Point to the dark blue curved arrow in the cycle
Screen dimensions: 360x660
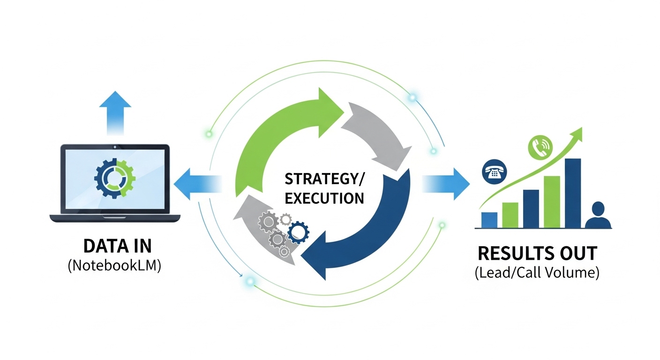click(375, 220)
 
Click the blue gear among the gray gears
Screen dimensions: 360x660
click(298, 232)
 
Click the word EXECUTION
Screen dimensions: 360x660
click(324, 198)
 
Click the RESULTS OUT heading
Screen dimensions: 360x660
click(537, 254)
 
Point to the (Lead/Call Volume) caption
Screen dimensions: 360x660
click(537, 273)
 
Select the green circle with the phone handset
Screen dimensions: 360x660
click(540, 147)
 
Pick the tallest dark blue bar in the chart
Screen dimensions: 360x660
click(573, 193)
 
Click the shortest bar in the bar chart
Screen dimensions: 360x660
click(489, 220)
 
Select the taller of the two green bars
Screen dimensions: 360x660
click(552, 202)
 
